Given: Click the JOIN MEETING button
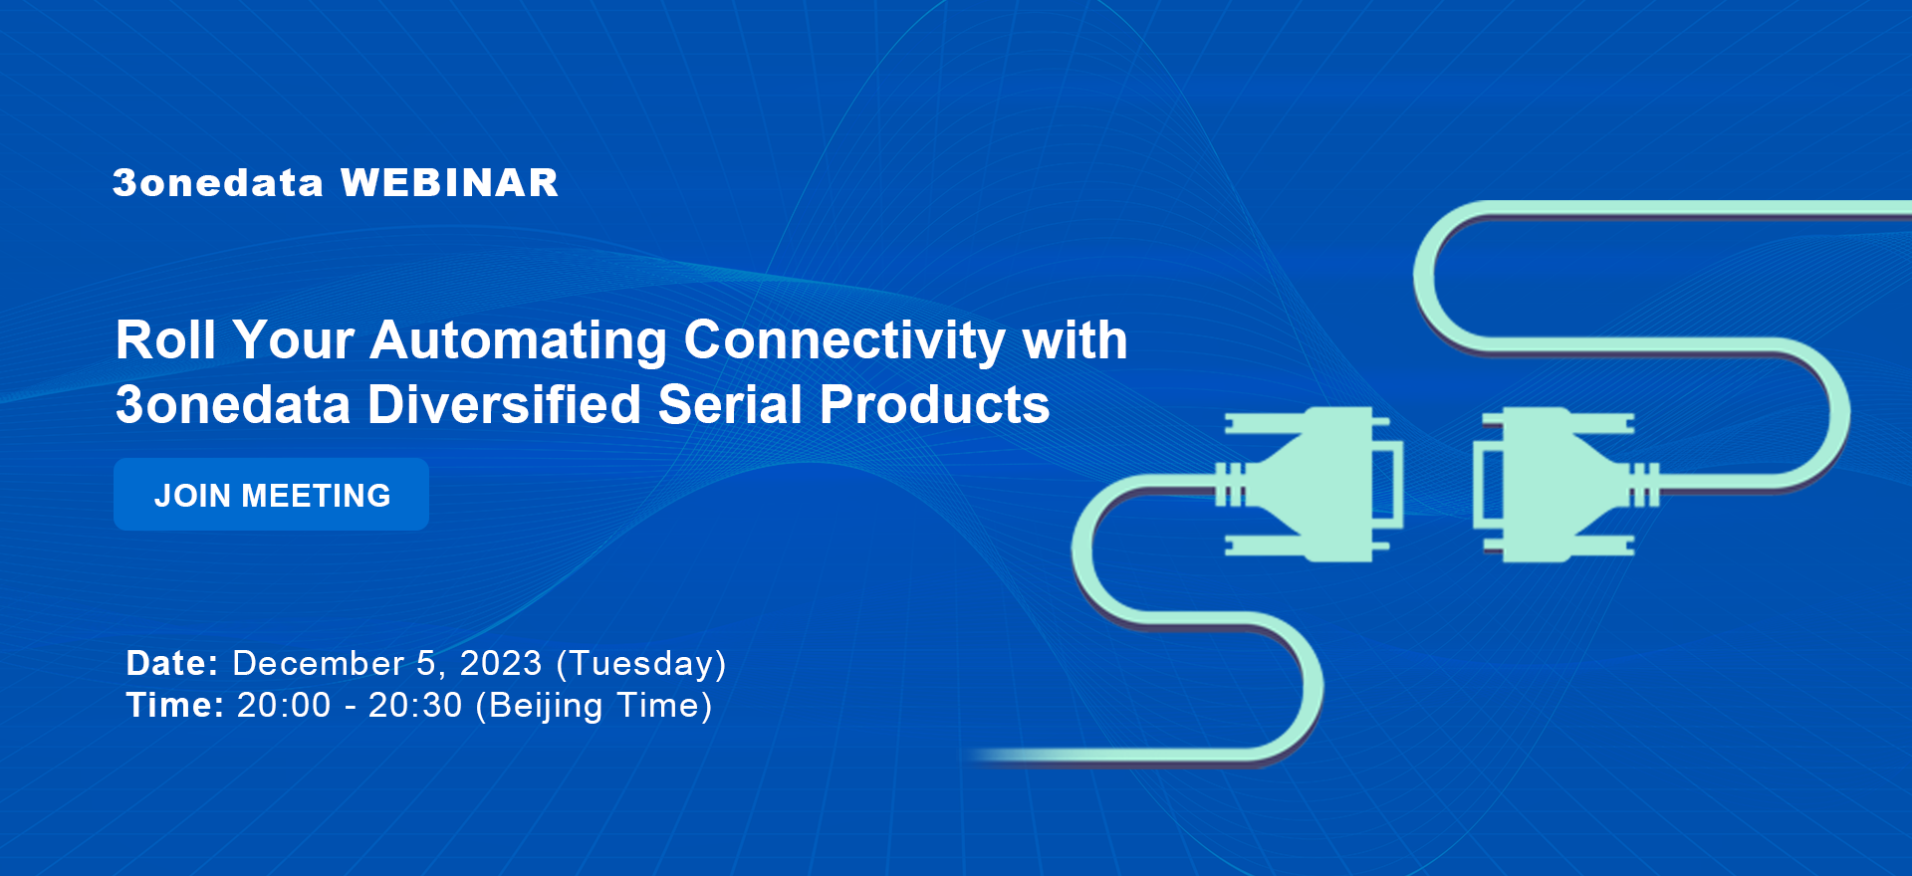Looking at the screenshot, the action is point(271,494).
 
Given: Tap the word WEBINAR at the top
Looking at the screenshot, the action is point(449,183).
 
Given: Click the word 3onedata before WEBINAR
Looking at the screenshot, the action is point(218,183).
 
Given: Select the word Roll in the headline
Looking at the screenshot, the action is point(165,340).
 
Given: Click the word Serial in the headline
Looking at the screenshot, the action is point(730,405).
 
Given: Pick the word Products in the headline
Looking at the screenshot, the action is point(934,405).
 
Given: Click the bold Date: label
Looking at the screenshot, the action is point(172,663).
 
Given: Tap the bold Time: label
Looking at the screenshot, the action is point(175,705).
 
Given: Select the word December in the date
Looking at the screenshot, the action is point(319,663).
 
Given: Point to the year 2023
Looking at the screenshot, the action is point(501,663).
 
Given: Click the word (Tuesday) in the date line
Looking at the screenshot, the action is point(641,664).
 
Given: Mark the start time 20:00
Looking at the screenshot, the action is point(284,705).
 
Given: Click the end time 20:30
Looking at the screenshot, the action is point(415,705).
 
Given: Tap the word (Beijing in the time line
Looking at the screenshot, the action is point(539,706).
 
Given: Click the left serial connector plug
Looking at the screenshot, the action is point(1311,484).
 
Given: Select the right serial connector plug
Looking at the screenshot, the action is point(1565,485).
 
